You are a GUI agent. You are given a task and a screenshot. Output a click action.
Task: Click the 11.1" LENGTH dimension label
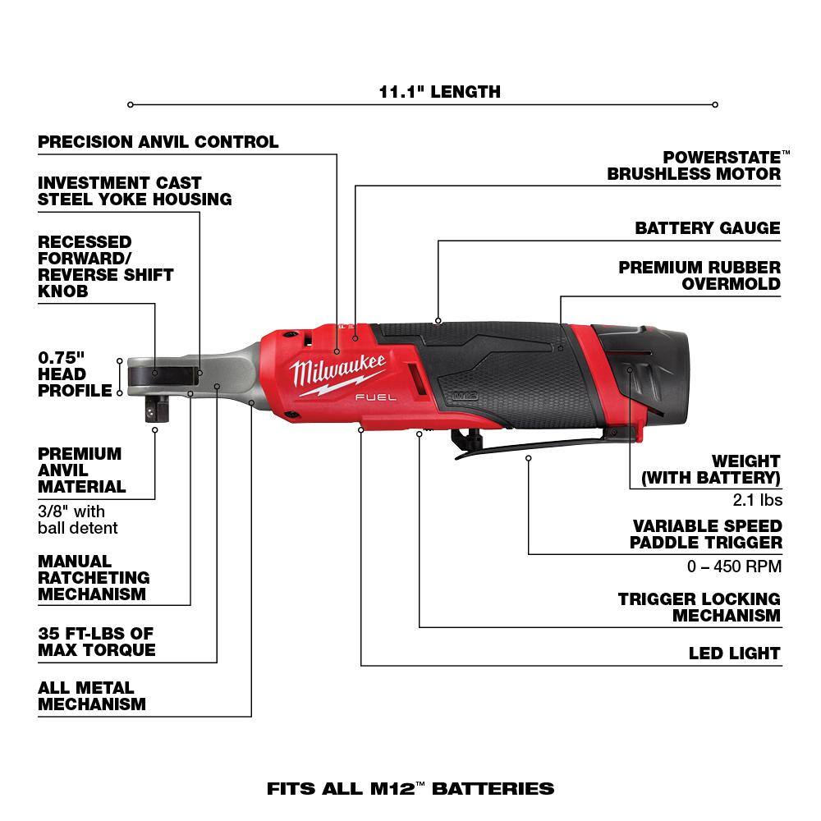(439, 91)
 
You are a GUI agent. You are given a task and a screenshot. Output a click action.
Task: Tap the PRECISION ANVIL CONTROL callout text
(158, 142)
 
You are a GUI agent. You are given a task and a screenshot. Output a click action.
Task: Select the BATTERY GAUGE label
(707, 228)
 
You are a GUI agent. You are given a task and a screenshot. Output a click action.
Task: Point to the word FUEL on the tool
(377, 397)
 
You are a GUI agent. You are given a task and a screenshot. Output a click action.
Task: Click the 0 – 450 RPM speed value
(734, 566)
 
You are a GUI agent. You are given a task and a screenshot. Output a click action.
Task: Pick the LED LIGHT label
(734, 654)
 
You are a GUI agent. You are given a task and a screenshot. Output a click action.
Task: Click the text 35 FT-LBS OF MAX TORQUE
(96, 642)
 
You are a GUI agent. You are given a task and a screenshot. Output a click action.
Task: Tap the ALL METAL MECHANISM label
(91, 696)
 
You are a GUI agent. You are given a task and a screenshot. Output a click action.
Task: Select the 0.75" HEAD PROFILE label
(74, 374)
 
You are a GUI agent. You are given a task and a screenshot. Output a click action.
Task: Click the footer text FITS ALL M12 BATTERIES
(410, 789)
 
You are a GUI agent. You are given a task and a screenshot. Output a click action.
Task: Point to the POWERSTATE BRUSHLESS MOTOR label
(694, 165)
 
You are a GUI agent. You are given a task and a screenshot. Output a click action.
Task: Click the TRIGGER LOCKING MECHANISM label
(699, 608)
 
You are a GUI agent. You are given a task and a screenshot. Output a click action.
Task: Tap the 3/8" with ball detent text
(77, 520)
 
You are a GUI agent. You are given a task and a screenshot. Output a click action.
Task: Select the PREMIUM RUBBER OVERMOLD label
(699, 276)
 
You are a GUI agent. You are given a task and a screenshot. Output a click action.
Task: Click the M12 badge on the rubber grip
(462, 395)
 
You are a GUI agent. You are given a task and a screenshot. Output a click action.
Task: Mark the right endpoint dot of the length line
(715, 104)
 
